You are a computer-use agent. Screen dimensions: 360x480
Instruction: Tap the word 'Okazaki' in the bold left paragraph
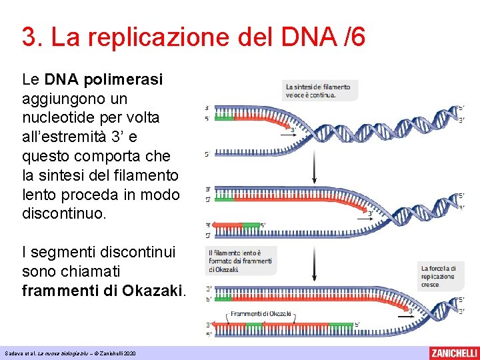[x=151, y=291]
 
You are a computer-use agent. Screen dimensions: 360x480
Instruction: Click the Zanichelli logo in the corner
[x=453, y=353]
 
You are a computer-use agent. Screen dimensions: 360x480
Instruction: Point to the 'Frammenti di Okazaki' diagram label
[x=261, y=313]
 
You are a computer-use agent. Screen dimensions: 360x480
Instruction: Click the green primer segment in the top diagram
[x=224, y=118]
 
